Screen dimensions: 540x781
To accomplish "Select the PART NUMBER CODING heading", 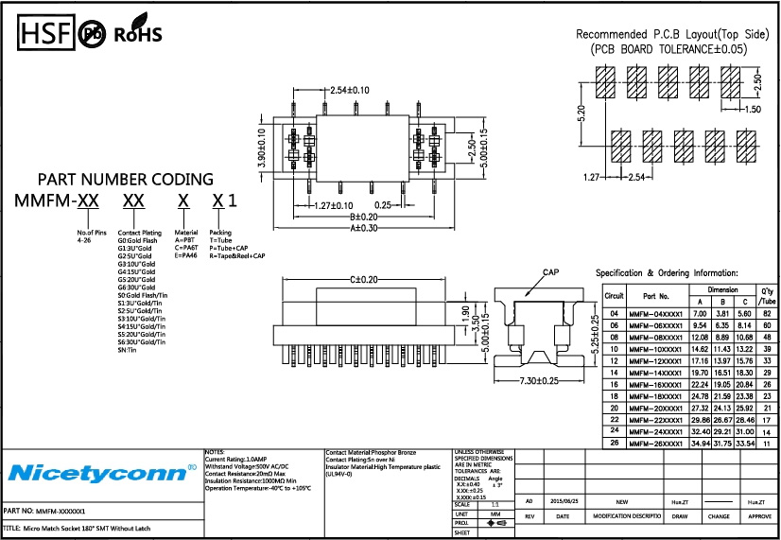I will tap(125, 180).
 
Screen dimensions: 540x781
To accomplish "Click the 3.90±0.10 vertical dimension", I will tap(262, 149).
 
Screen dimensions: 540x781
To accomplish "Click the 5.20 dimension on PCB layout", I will tap(583, 114).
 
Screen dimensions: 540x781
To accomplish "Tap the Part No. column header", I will tap(656, 296).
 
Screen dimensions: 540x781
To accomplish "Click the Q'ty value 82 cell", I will tap(767, 312).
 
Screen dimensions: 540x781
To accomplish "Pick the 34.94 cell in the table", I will tap(701, 443).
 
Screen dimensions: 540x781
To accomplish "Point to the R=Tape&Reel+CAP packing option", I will tap(237, 255).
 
